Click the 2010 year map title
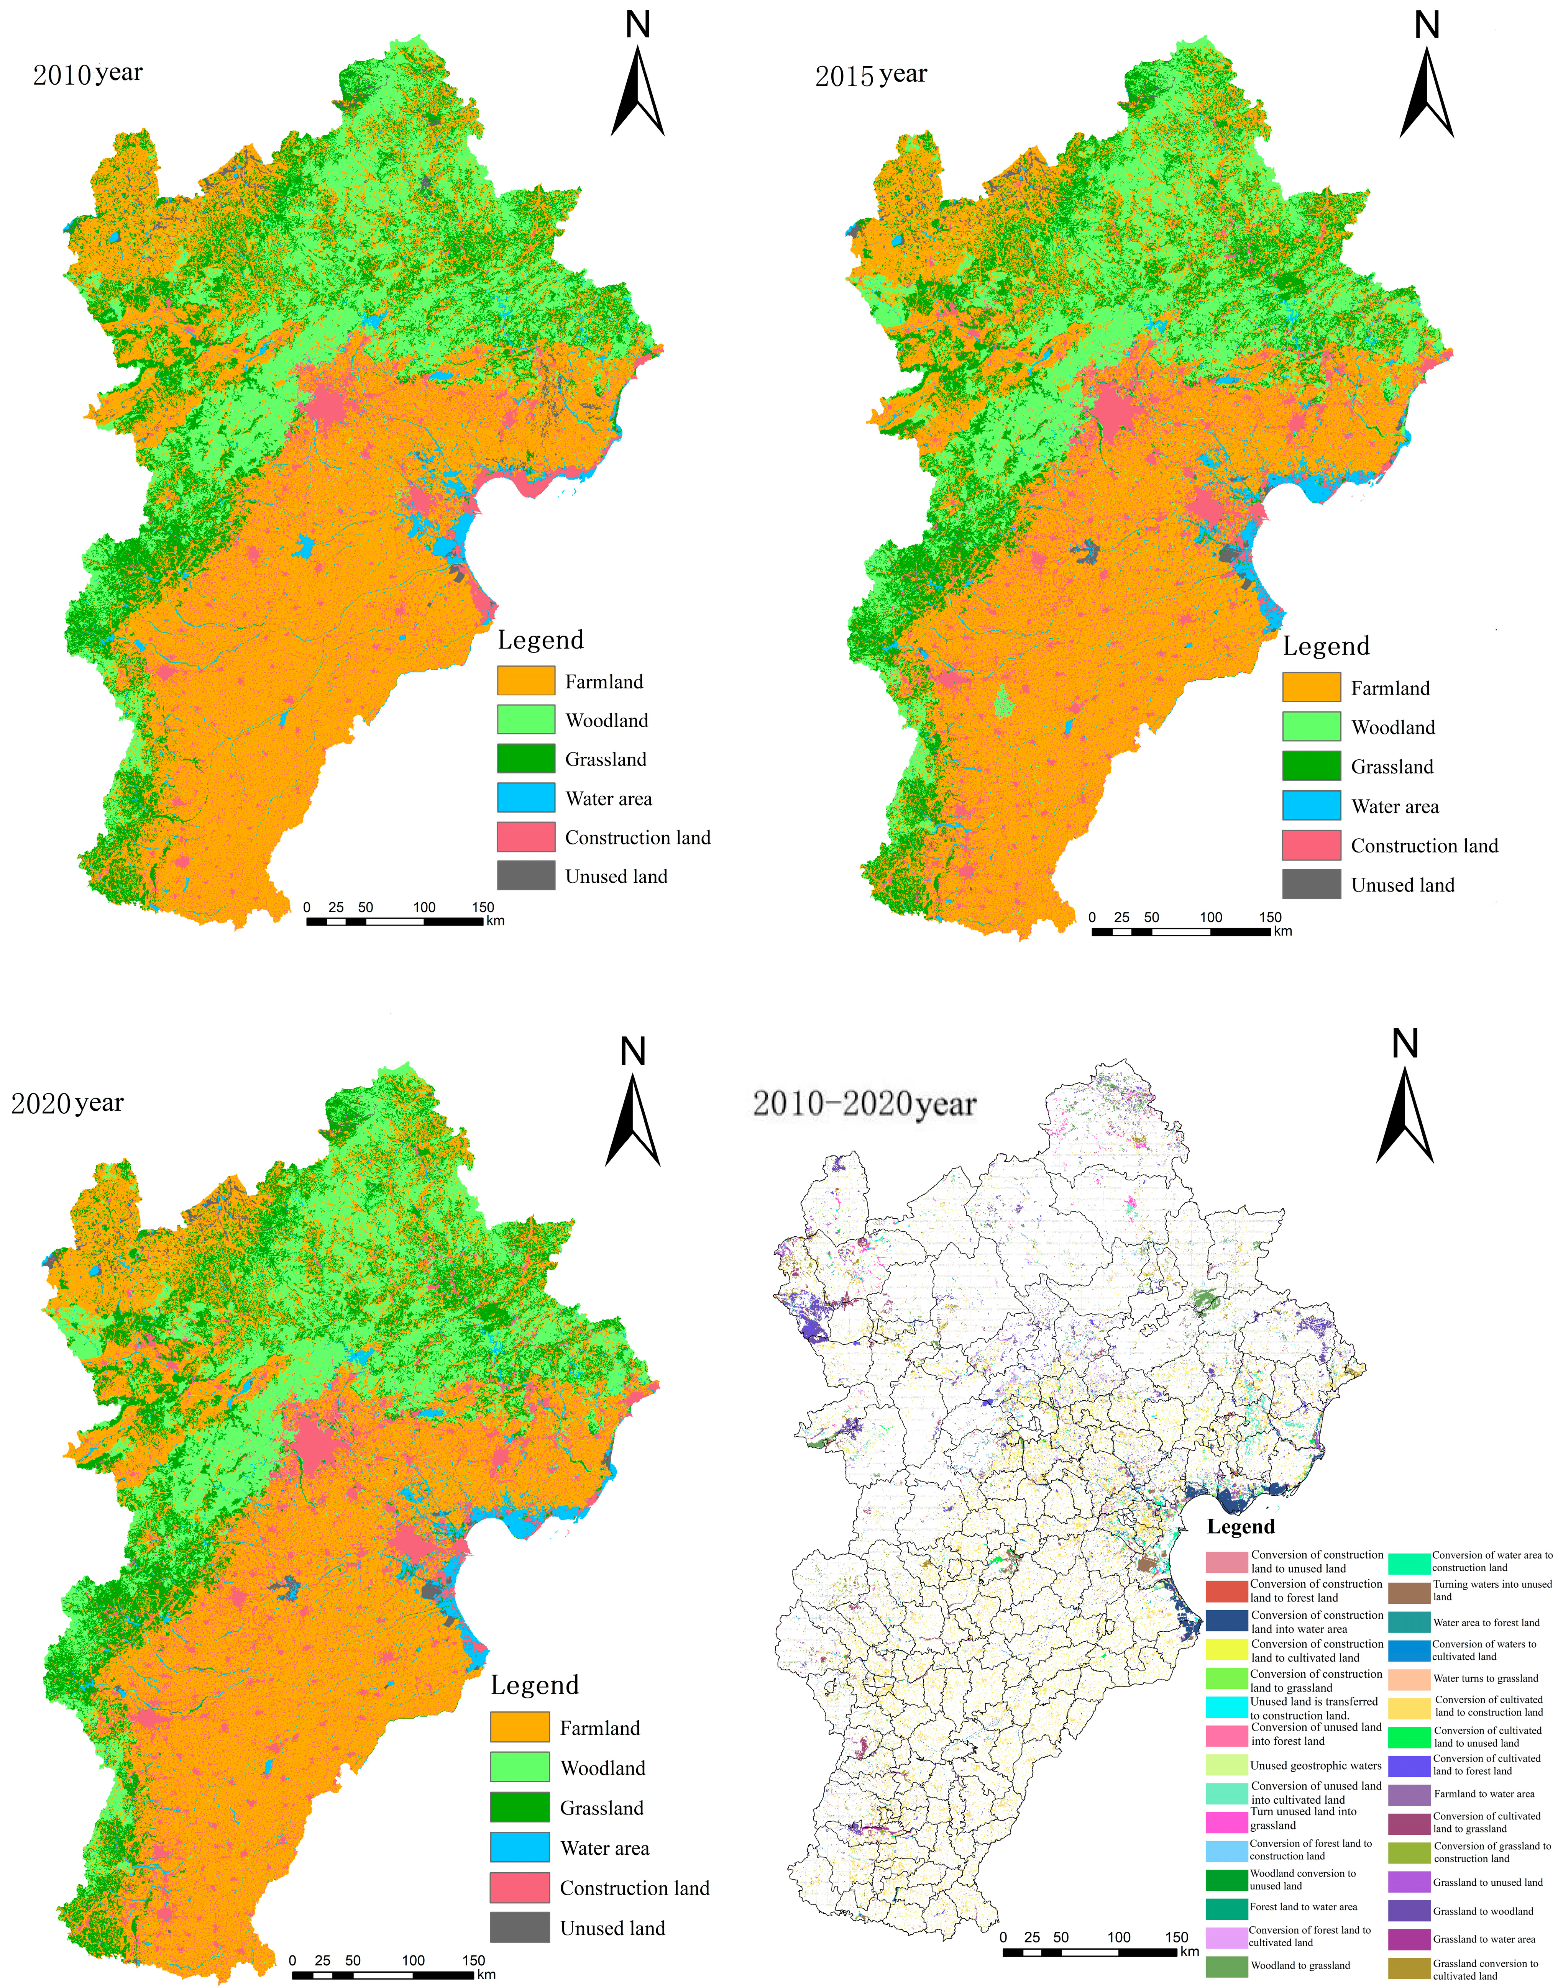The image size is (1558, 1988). point(87,74)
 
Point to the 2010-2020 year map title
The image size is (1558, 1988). point(864,1105)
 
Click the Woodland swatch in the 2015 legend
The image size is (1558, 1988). point(1311,727)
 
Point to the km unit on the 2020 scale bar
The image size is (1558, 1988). point(486,1974)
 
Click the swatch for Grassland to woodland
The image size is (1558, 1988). point(1409,1911)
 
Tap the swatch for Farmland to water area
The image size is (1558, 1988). point(1409,1794)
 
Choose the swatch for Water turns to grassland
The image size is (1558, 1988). point(1409,1678)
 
